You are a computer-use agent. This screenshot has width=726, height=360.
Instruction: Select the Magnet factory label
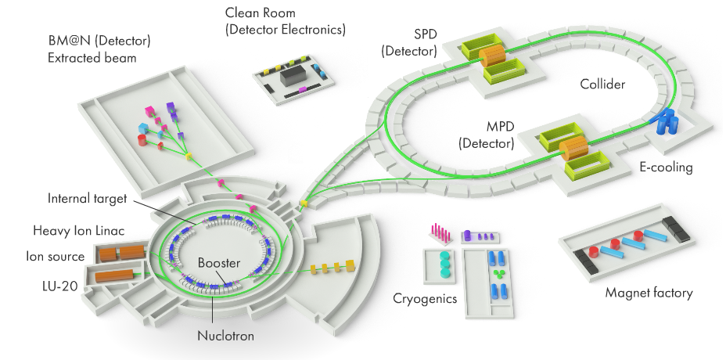[x=649, y=293]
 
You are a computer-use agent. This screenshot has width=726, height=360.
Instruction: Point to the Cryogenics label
[x=426, y=299]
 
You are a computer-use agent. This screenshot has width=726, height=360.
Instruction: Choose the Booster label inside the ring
[x=219, y=264]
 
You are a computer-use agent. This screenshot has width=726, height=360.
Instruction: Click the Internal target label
[x=87, y=199]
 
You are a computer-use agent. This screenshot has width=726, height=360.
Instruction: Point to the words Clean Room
[x=257, y=13]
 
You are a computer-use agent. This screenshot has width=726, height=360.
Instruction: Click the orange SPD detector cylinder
[x=494, y=57]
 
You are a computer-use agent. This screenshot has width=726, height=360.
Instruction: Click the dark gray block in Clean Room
[x=293, y=76]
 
